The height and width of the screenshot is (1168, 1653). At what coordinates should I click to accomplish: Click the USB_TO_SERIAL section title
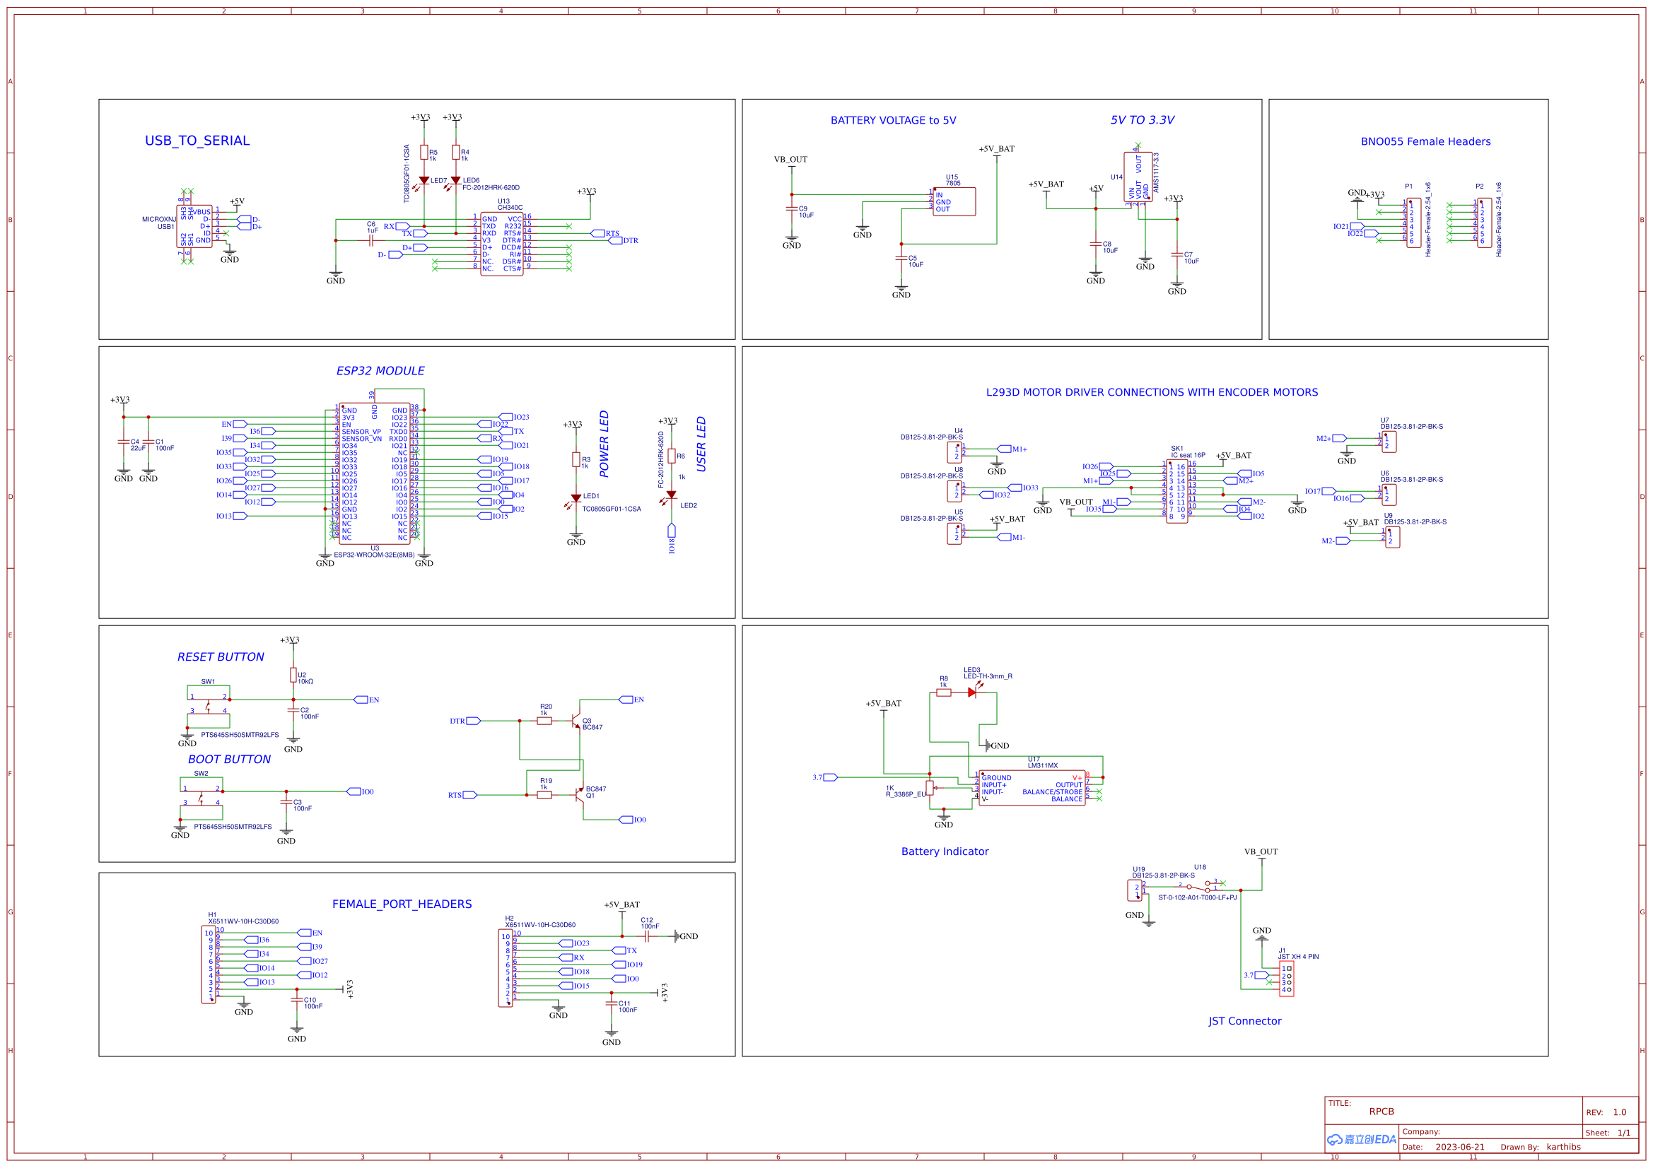197,141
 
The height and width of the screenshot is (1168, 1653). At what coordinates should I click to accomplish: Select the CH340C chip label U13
503,201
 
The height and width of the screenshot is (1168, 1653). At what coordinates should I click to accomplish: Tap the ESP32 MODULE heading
380,371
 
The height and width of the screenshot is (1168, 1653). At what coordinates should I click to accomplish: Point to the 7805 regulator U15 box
954,201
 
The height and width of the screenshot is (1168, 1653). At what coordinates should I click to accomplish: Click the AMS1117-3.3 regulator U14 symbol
1138,177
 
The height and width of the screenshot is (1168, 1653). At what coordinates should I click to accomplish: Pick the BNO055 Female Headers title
1425,142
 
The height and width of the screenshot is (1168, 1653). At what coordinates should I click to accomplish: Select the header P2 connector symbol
1485,223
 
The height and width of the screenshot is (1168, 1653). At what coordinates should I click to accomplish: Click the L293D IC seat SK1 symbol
1176,492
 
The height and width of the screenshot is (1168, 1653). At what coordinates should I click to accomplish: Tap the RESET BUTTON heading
221,657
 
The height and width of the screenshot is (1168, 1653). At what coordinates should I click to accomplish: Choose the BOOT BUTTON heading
229,760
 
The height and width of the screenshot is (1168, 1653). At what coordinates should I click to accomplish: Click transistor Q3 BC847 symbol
576,721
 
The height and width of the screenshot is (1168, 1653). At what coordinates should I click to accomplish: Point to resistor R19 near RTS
544,795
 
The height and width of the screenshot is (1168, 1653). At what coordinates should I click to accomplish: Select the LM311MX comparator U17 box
1032,788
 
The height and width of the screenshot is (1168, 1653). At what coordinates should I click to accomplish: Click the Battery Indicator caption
945,851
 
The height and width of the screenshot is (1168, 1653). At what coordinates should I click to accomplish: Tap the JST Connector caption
1244,1021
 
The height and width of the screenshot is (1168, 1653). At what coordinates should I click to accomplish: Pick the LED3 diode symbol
972,692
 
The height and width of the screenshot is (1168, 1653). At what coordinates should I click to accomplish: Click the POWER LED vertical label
604,444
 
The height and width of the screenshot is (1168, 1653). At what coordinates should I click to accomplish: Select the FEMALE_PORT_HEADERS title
402,904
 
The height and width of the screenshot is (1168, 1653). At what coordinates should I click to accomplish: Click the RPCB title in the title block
1381,1111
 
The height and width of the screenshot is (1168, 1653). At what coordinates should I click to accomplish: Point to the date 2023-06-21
1459,1147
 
